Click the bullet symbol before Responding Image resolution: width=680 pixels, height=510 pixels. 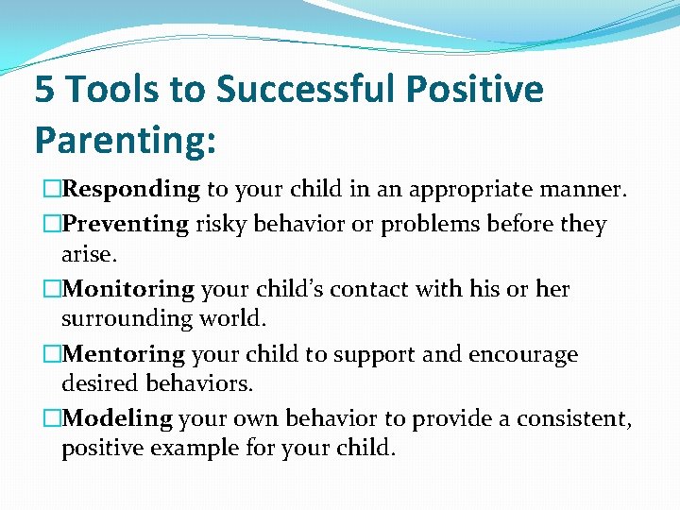[51, 190]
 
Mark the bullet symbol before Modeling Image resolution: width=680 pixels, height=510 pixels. [51, 418]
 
